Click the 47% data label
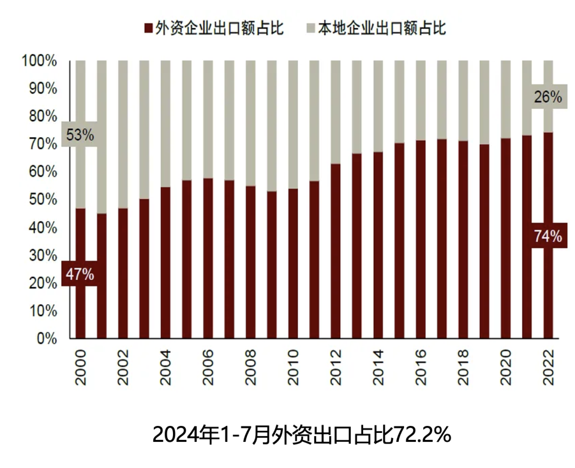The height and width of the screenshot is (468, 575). [x=80, y=274]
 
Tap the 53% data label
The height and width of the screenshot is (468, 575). [x=80, y=135]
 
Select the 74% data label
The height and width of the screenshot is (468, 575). [x=548, y=236]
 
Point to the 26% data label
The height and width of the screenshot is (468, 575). [x=548, y=97]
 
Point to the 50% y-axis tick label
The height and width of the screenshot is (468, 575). [x=42, y=199]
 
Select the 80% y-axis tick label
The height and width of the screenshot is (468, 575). [x=42, y=116]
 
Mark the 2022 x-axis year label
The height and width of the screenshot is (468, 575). [x=548, y=367]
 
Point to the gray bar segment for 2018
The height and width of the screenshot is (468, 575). [x=463, y=101]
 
